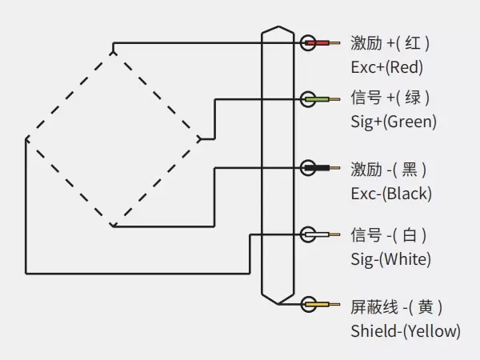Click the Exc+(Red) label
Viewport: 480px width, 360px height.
click(x=386, y=66)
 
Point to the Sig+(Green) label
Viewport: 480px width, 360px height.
click(x=394, y=122)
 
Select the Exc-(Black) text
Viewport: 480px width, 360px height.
click(x=390, y=193)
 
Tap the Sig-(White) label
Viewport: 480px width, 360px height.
click(x=390, y=259)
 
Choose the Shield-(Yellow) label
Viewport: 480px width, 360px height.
click(x=405, y=330)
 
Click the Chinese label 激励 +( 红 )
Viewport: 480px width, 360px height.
click(x=390, y=42)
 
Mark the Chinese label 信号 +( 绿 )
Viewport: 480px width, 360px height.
click(x=390, y=98)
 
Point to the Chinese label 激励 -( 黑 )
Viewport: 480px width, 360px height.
click(x=389, y=169)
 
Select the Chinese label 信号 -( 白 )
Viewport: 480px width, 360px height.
click(x=389, y=235)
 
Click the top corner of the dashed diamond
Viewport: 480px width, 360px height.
click(x=114, y=50)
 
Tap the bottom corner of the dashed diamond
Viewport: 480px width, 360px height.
click(x=114, y=226)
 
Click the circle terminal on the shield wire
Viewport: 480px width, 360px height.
click(x=308, y=304)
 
